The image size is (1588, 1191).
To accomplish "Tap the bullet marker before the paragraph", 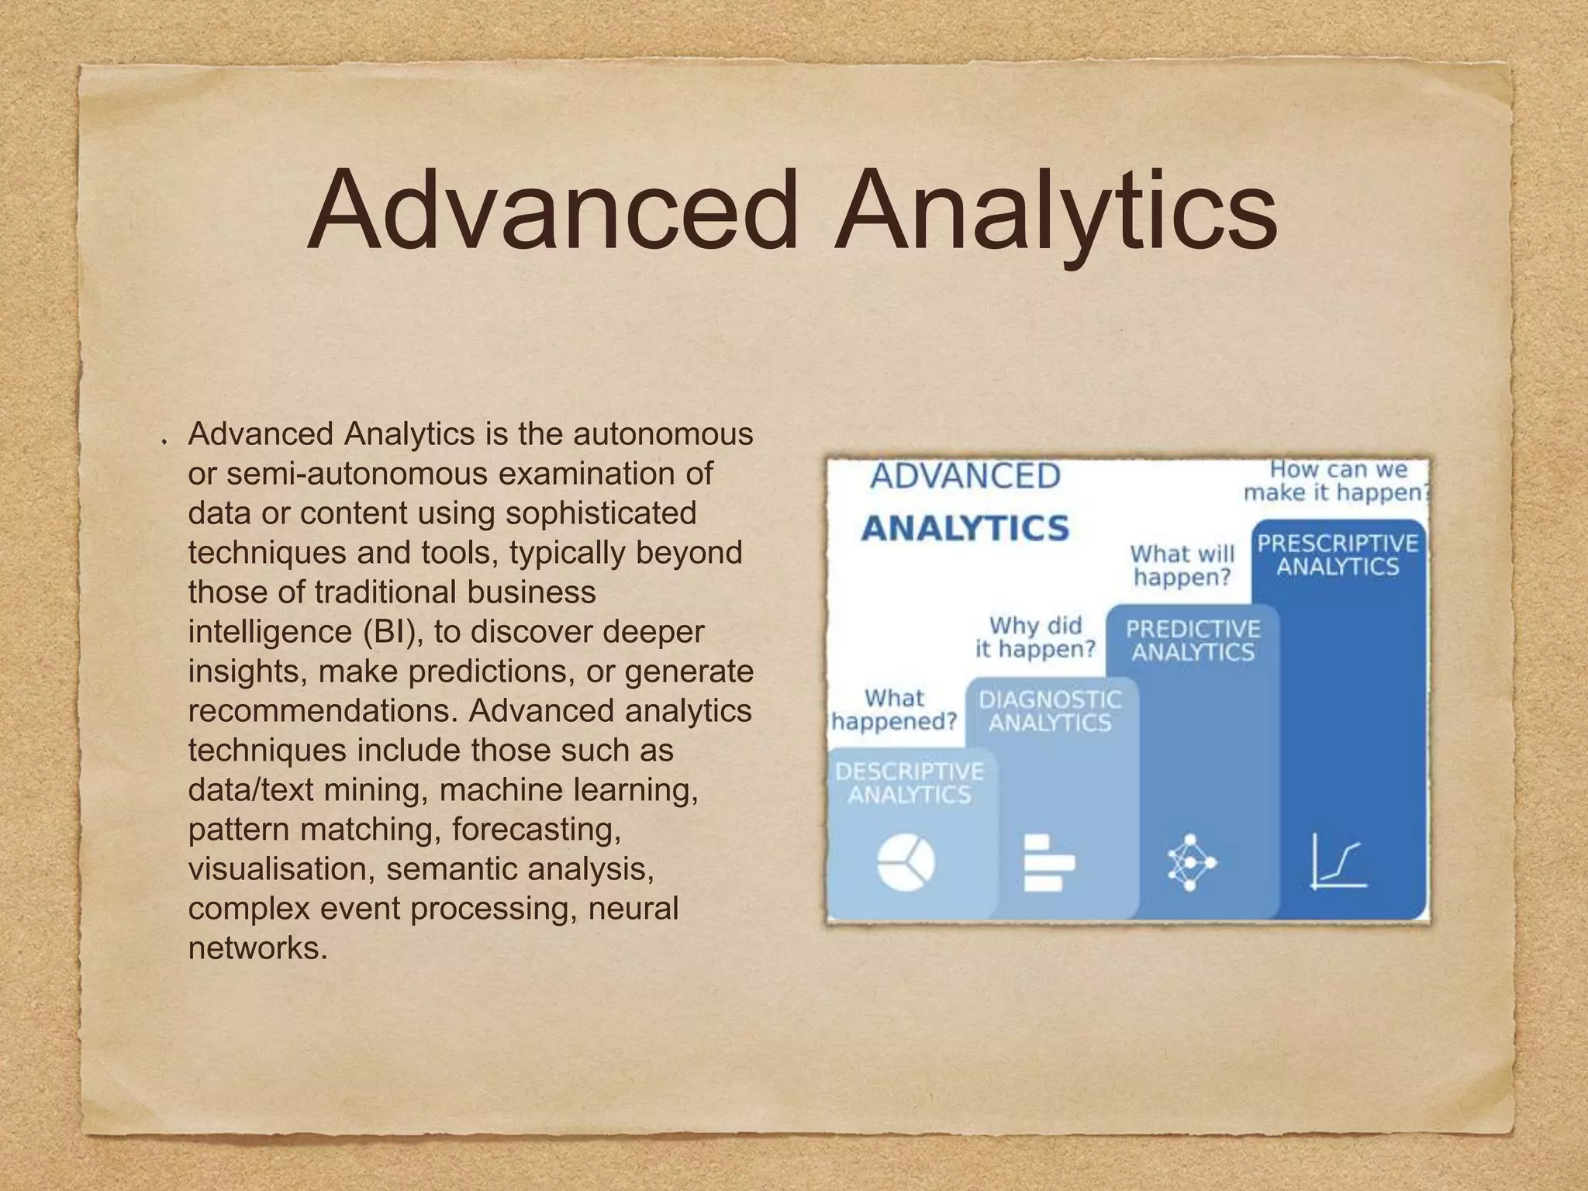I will (164, 441).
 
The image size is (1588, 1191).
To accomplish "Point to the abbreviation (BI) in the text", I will (392, 631).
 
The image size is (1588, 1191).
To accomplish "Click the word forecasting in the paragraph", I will (537, 829).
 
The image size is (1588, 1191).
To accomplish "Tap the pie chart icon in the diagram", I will (906, 863).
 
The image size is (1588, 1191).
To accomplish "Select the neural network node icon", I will (1192, 862).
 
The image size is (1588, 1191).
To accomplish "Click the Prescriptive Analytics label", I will (1338, 554).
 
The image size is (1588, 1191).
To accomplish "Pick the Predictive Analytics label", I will (1193, 640).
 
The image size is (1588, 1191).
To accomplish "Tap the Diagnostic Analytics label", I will (1050, 711).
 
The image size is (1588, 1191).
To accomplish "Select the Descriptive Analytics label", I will (909, 782).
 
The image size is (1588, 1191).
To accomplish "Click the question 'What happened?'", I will (894, 709).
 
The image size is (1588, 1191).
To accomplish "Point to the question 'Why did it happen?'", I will (1035, 637).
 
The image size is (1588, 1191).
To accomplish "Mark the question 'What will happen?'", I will (1182, 565).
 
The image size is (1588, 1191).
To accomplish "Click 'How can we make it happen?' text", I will (1337, 481).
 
